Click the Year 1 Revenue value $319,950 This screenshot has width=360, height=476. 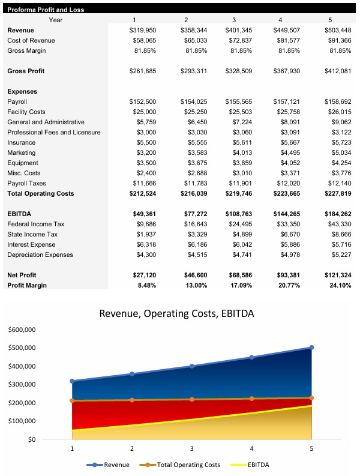coord(143,30)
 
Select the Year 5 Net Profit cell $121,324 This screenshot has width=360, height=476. coord(337,275)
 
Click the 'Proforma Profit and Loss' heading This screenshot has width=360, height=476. coord(46,10)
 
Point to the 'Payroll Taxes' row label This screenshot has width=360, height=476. coord(26,183)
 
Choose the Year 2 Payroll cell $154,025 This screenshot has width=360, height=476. coord(193,101)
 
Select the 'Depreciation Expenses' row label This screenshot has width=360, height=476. coord(40,255)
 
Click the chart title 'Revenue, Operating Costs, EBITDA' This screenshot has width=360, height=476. coord(176,314)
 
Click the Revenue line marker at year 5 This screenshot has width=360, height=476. coord(311,348)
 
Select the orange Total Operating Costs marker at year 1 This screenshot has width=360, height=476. coord(72,400)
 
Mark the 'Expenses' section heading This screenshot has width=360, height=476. coord(22,91)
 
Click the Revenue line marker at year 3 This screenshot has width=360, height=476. coord(191,366)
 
